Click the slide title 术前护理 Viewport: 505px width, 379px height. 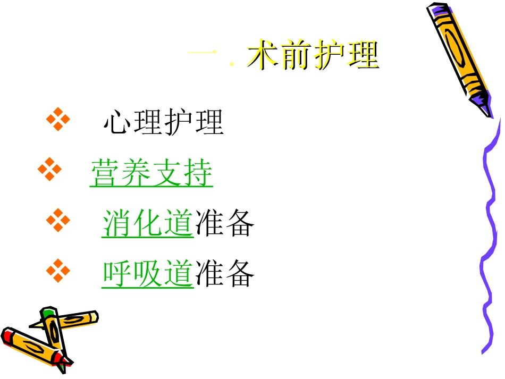(x=313, y=56)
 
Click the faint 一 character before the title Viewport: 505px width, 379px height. (x=203, y=55)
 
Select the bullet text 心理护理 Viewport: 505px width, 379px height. (x=163, y=123)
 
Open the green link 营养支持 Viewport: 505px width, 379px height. (x=151, y=173)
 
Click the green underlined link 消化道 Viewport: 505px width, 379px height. (x=147, y=223)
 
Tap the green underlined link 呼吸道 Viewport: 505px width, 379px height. (x=147, y=273)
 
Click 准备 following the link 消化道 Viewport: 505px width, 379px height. (x=224, y=223)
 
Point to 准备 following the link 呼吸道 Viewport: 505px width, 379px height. (x=224, y=273)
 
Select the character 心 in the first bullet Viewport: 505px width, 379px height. (x=117, y=123)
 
